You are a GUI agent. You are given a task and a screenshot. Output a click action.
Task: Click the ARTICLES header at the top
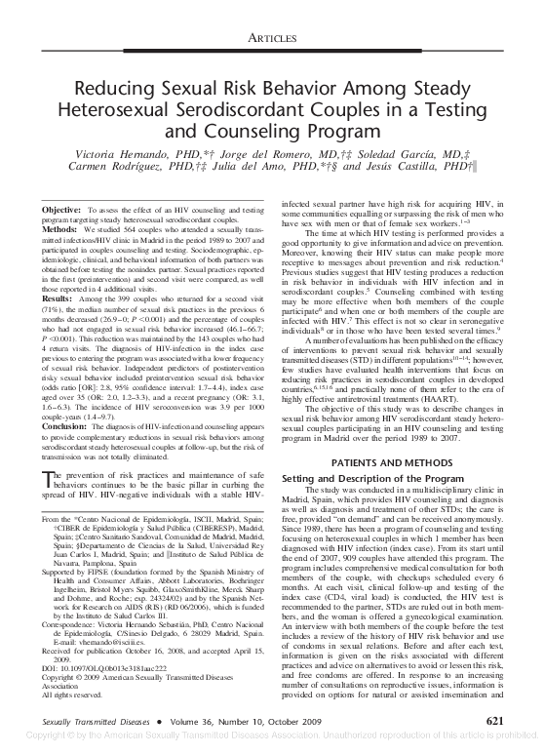[271, 36]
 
